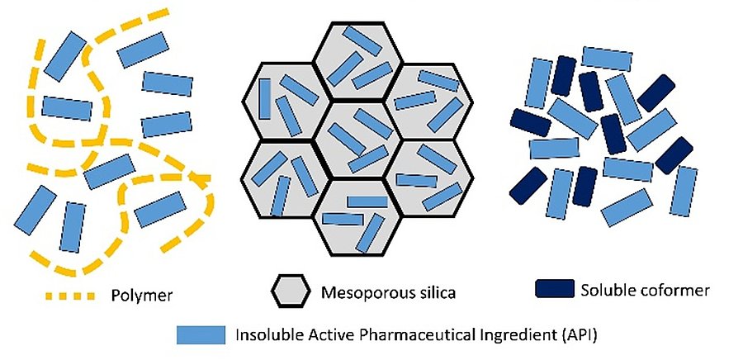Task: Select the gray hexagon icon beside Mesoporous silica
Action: pos(291,291)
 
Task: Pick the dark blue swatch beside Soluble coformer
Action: pos(554,289)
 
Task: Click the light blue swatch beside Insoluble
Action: pos(201,334)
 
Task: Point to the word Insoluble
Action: pos(271,335)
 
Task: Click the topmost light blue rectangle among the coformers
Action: pos(607,58)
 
